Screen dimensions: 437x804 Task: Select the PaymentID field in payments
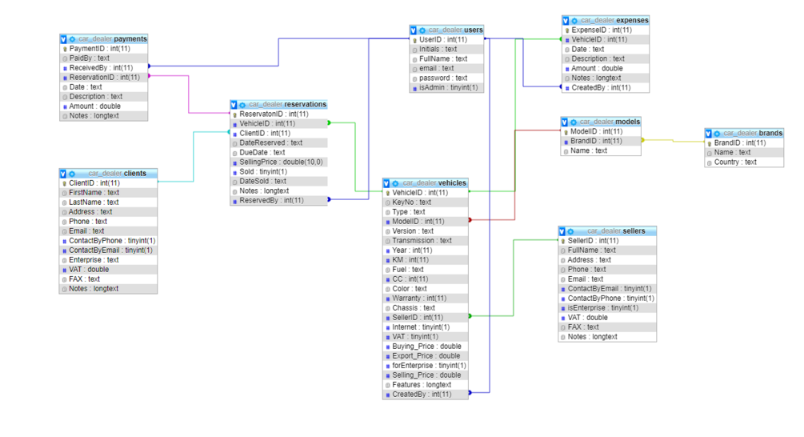click(100, 48)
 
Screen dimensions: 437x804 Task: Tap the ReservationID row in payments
click(105, 78)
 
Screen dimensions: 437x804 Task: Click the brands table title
click(749, 133)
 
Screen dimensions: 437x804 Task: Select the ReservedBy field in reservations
click(271, 200)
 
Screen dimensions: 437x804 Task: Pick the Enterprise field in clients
click(94, 259)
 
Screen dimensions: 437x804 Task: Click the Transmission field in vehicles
click(422, 240)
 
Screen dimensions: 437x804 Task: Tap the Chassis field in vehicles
click(414, 307)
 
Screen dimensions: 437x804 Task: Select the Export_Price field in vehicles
click(426, 355)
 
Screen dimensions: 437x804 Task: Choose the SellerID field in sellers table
click(593, 240)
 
